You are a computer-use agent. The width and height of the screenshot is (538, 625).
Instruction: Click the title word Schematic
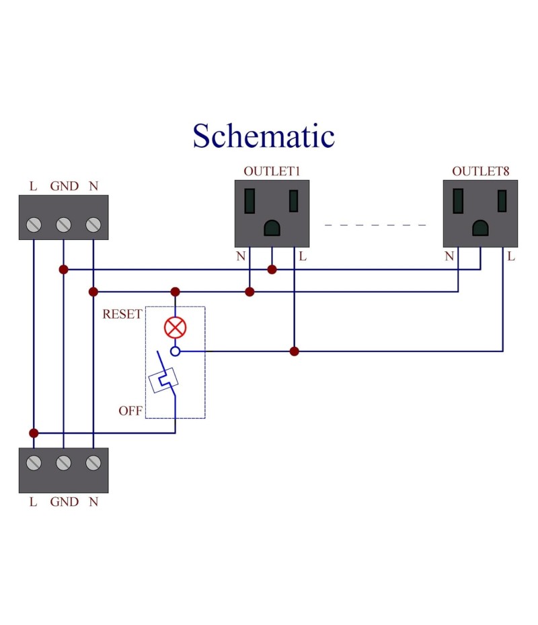point(264,136)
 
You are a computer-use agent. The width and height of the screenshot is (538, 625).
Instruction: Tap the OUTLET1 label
point(271,171)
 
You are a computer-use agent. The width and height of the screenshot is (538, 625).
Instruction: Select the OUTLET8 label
point(480,171)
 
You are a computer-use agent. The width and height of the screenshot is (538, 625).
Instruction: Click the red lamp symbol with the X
point(176,328)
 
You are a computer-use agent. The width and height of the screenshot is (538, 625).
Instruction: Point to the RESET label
point(122,314)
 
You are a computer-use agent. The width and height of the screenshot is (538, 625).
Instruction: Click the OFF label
point(130,411)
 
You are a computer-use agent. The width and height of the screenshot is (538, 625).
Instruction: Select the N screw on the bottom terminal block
point(93,462)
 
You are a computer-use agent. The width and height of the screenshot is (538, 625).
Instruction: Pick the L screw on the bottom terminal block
point(34,462)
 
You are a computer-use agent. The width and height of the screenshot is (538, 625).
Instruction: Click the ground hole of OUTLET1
point(272,228)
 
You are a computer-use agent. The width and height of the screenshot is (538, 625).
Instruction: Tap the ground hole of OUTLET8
point(480,228)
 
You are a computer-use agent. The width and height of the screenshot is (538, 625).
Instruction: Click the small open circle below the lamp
point(176,351)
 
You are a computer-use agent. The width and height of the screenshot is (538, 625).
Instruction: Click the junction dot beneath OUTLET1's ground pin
point(272,269)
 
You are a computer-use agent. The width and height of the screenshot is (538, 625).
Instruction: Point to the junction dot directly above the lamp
point(176,292)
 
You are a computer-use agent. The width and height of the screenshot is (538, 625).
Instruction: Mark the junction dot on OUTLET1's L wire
point(294,351)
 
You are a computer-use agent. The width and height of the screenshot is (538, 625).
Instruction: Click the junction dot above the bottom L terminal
point(34,433)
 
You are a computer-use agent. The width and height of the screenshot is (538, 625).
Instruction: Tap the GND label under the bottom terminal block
point(64,501)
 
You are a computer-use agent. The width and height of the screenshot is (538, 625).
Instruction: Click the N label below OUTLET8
point(449,256)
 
